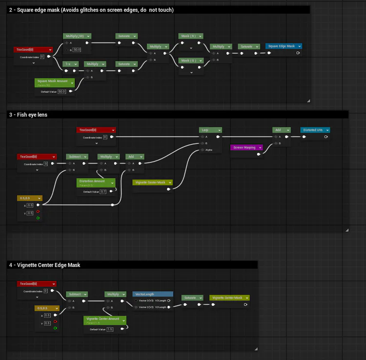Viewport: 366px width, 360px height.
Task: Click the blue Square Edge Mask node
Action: coord(284,46)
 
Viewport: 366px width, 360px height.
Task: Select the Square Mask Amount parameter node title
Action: coord(54,81)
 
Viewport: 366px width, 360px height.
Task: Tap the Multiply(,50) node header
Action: coord(77,36)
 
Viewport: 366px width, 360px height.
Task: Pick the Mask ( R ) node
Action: coord(190,36)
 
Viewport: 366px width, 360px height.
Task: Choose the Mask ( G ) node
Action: coord(190,60)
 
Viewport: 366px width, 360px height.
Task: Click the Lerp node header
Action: coord(210,130)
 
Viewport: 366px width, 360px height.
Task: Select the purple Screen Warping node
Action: coord(246,147)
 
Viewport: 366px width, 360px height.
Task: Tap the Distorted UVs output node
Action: coord(315,130)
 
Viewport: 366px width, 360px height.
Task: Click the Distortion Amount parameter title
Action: coord(96,181)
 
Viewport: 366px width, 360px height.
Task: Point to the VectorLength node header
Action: coord(152,295)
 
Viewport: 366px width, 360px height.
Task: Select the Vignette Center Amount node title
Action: coord(103,320)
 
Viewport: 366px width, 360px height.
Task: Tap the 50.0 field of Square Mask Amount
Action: coord(61,92)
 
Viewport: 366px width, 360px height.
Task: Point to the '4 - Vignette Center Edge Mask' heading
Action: coord(44,265)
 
